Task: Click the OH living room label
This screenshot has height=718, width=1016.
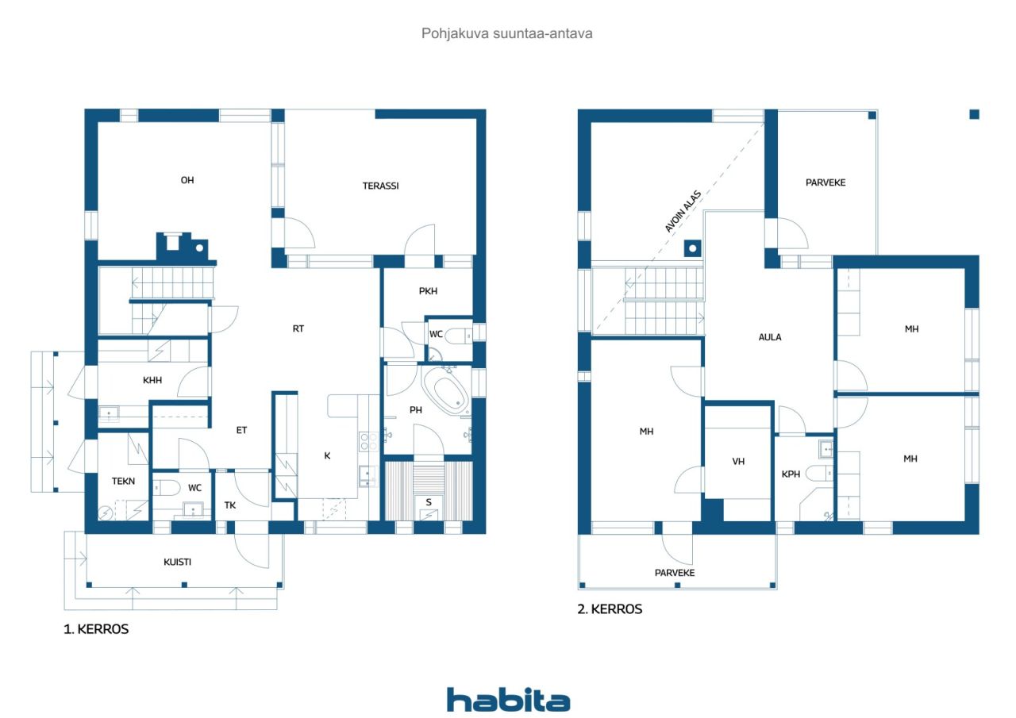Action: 187,180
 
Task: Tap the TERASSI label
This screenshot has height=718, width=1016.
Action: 380,186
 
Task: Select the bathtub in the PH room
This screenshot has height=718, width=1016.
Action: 446,393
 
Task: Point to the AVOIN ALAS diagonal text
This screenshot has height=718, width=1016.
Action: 683,211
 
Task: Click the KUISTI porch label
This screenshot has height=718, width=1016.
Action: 177,562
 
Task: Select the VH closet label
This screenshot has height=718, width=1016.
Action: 738,461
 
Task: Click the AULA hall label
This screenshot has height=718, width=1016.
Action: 770,337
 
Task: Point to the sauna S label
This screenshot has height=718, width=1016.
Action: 429,501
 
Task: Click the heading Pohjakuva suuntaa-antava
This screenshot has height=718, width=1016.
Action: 506,33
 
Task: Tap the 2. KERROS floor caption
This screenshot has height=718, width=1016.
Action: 610,609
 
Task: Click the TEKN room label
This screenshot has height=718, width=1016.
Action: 123,481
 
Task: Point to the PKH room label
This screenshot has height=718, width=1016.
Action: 428,291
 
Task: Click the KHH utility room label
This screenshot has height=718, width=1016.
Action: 152,380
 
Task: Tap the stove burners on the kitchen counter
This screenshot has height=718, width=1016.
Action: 368,441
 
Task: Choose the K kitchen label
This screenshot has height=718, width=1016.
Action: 327,455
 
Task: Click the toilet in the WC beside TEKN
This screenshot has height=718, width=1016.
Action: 167,488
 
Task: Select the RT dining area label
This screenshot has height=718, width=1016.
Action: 298,328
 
